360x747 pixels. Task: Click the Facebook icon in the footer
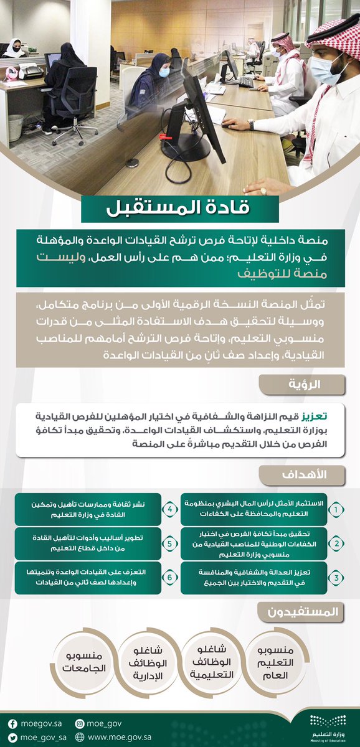12,723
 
